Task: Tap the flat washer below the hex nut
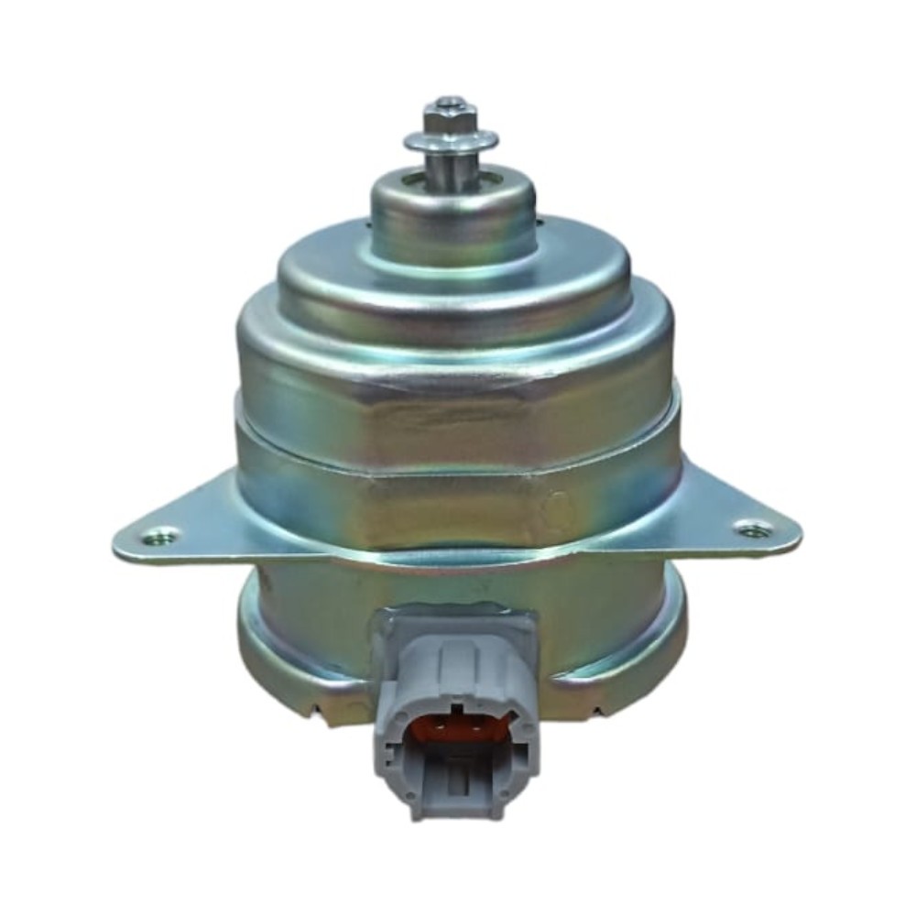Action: point(452,142)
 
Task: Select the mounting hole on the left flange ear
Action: point(163,535)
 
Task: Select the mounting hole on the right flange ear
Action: point(753,529)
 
